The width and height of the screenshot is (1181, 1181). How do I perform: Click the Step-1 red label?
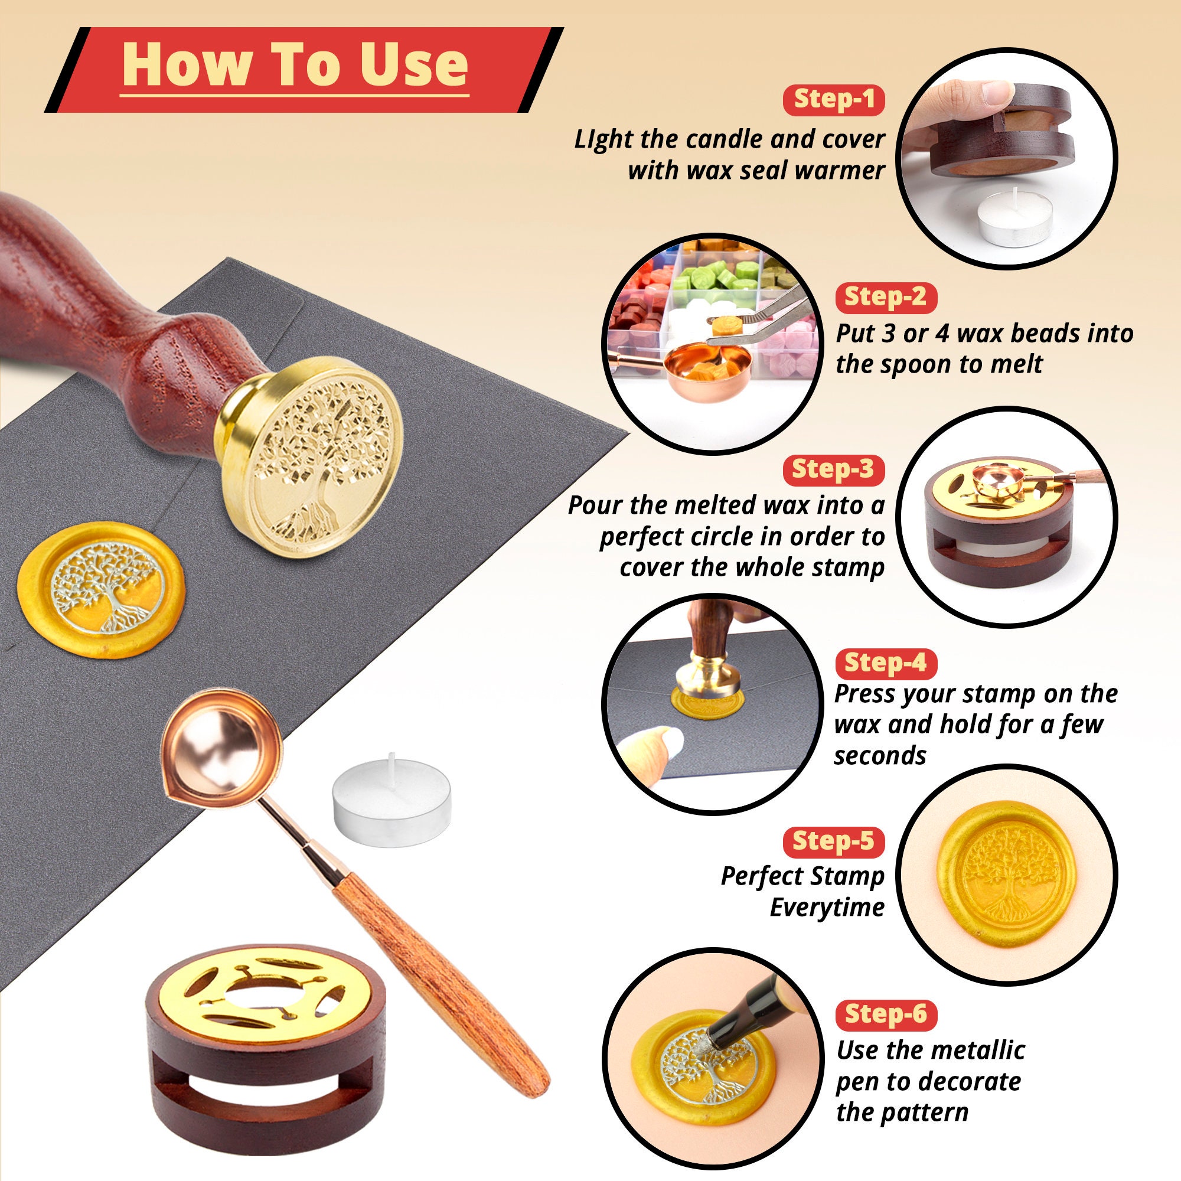tap(834, 99)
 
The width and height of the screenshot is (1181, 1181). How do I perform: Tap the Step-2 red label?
tap(886, 297)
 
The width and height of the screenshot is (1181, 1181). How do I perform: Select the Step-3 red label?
tap(834, 469)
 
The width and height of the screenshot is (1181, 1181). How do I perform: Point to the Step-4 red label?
tap(886, 663)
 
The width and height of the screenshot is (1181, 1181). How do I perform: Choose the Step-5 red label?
tap(834, 841)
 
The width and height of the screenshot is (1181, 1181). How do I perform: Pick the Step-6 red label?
tap(886, 1014)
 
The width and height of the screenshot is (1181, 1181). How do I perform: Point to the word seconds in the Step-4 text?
tap(880, 756)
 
